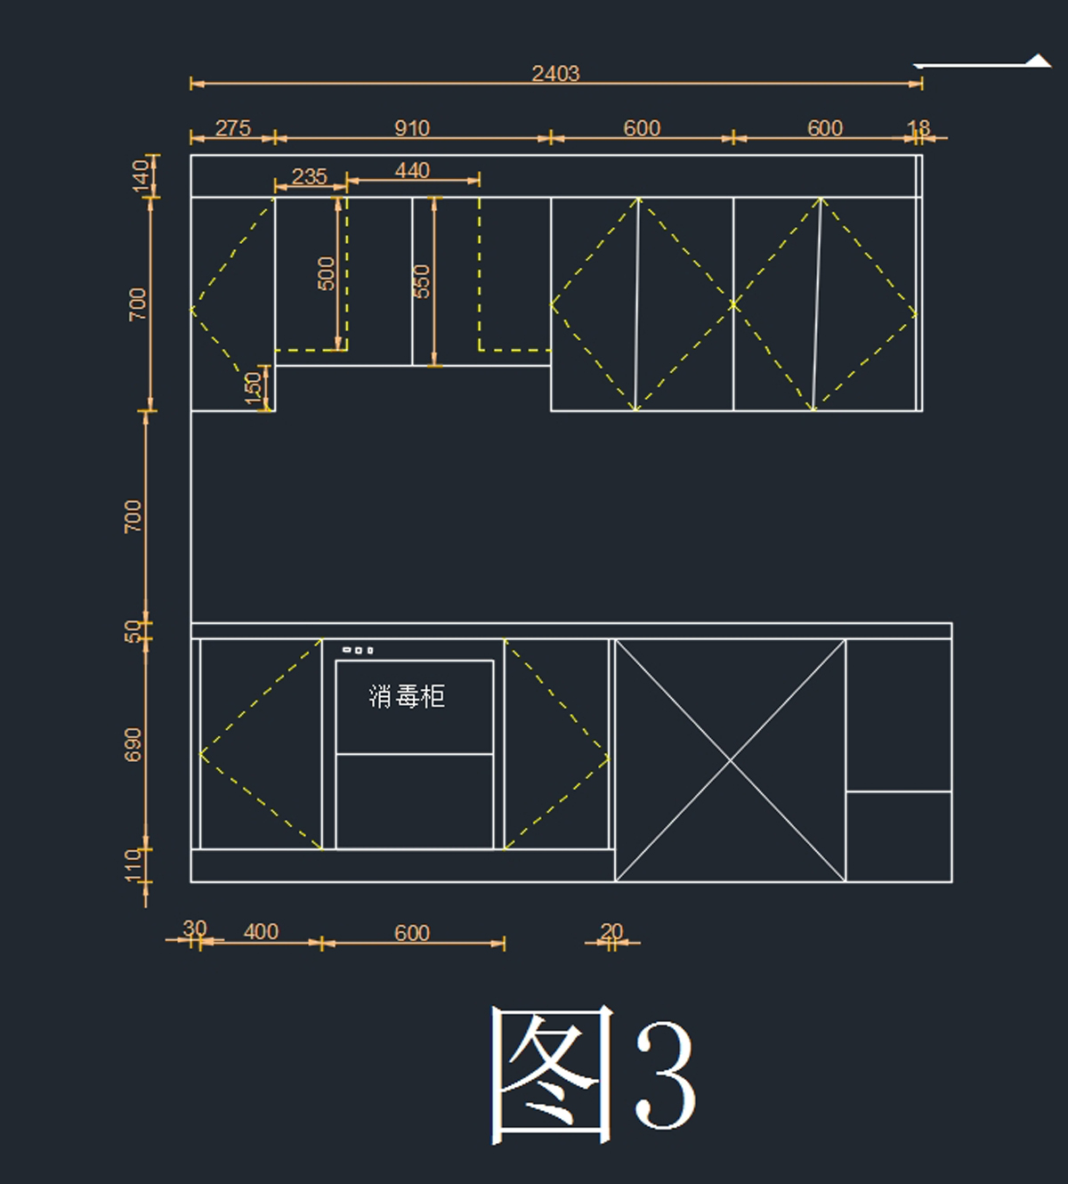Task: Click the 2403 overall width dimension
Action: point(555,74)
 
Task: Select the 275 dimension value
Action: point(233,128)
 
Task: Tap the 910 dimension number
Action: point(412,128)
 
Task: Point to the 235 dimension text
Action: point(309,176)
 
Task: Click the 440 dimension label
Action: point(412,171)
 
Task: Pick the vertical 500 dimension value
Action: point(327,273)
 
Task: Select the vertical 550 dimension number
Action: point(422,281)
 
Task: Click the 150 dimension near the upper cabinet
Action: point(253,388)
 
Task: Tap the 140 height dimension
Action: point(141,176)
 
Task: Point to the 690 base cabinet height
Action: point(133,745)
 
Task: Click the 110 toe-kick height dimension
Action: point(133,865)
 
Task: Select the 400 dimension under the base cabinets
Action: point(261,932)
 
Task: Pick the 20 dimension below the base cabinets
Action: point(611,931)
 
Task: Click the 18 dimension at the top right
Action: point(918,128)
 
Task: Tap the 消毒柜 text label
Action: point(407,696)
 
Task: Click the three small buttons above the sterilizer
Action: point(358,651)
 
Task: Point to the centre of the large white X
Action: point(731,760)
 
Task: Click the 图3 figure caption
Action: point(593,1075)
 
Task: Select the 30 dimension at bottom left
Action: point(195,929)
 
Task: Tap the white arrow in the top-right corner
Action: point(983,62)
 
